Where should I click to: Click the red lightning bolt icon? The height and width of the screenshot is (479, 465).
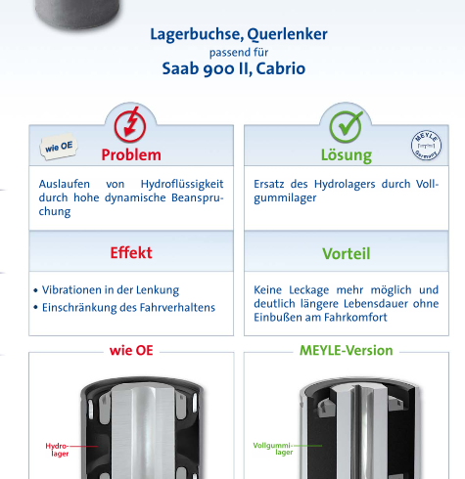pos(130,125)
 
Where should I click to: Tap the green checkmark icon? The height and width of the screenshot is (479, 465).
pos(346,126)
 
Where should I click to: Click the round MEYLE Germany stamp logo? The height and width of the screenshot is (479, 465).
pos(426,146)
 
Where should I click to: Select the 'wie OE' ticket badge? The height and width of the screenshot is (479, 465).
pos(59,147)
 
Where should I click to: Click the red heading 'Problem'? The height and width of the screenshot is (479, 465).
pos(131,154)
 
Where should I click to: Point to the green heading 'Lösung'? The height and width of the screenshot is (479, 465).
pos(347,155)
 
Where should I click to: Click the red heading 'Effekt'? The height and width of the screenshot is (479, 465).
pos(131,252)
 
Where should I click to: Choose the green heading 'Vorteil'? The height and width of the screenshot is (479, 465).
pos(347,253)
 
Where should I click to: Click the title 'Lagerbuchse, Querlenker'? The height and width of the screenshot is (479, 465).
pos(239,34)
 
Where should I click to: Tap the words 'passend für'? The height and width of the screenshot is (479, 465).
pos(239,53)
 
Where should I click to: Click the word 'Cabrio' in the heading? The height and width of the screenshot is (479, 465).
pos(281,68)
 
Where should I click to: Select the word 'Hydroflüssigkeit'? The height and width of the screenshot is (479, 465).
pos(182,184)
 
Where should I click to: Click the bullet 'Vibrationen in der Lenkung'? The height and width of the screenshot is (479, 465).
pos(111,290)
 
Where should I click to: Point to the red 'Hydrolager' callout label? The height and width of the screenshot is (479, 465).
pos(57,450)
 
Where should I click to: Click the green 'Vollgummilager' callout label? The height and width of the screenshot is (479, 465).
pos(273,449)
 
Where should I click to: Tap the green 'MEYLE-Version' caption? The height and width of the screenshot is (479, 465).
pos(347,351)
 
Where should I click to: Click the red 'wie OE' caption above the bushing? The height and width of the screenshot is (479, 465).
pos(131,351)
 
